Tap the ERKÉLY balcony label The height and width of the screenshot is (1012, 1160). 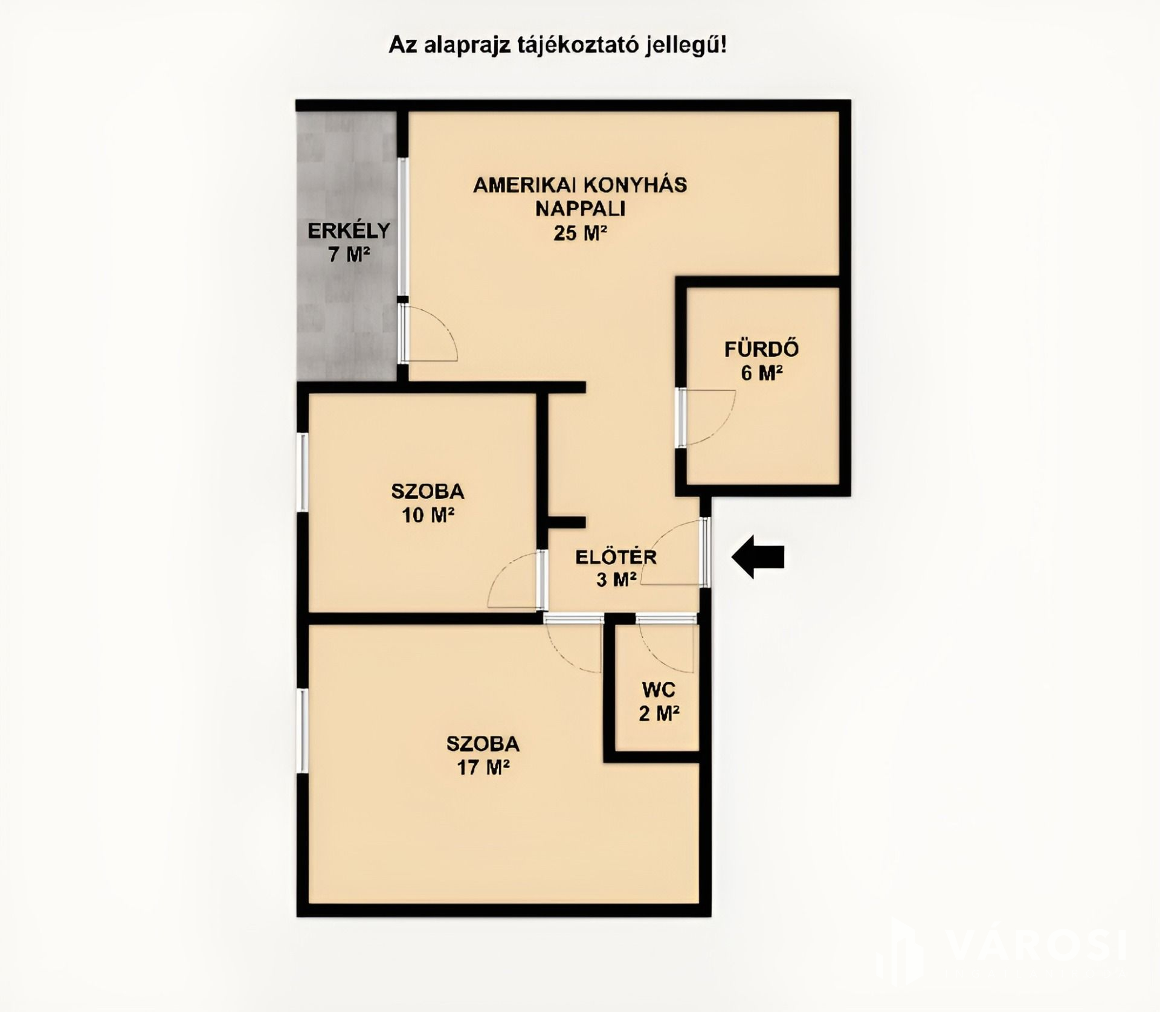(349, 231)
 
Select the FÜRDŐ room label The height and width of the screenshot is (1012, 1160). (761, 349)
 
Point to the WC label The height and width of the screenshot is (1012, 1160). (659, 689)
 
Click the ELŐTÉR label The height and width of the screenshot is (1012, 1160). (616, 556)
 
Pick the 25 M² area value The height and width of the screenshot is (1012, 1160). (580, 233)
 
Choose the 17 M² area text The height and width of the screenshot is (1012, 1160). (483, 767)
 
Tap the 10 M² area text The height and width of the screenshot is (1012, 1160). (428, 515)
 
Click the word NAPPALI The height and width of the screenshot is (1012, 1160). (580, 208)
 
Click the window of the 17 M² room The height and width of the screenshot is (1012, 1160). (302, 731)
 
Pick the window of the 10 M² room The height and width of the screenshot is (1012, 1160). (302, 472)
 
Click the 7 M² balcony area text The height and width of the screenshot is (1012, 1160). (349, 255)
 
